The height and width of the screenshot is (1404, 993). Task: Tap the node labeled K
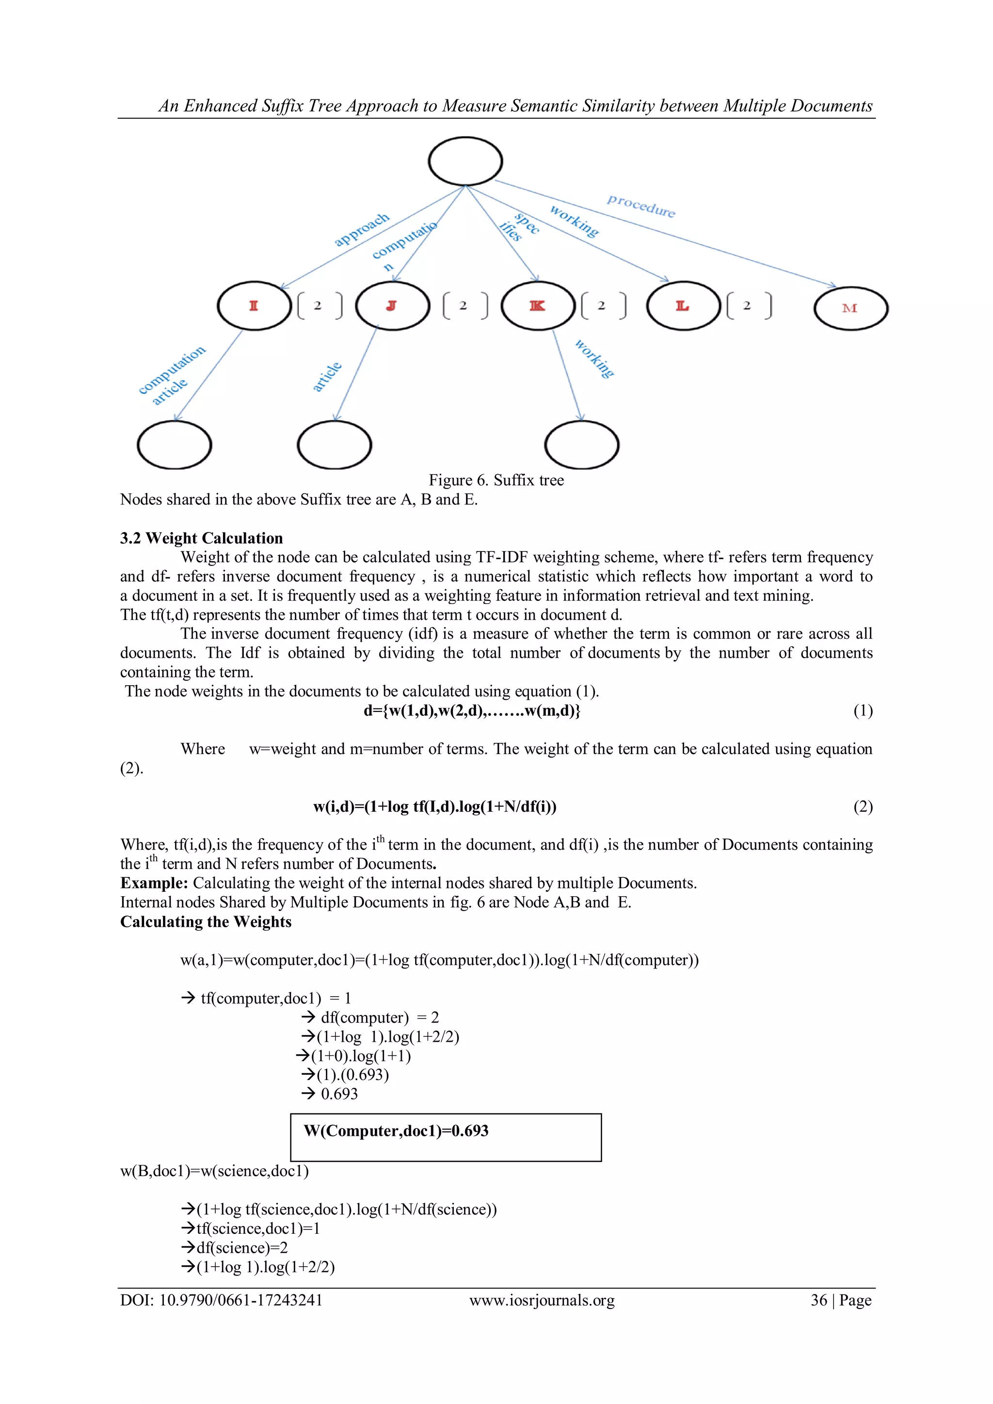[537, 306]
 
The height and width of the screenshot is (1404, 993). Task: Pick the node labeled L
[683, 306]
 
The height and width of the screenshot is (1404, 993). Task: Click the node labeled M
[850, 308]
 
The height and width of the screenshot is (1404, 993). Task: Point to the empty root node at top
[465, 161]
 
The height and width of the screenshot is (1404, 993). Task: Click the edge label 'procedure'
[641, 206]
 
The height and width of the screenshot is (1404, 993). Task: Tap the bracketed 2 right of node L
[749, 305]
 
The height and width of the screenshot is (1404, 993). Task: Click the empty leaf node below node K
[581, 445]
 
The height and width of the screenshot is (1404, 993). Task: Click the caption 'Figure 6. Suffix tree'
[496, 480]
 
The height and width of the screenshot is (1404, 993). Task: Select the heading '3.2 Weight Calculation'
[201, 538]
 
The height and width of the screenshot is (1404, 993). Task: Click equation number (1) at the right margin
[863, 710]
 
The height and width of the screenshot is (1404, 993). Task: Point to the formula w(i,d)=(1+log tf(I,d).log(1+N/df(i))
[435, 807]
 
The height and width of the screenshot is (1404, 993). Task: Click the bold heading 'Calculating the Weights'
[206, 921]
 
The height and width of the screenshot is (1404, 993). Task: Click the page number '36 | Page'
[841, 1300]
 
